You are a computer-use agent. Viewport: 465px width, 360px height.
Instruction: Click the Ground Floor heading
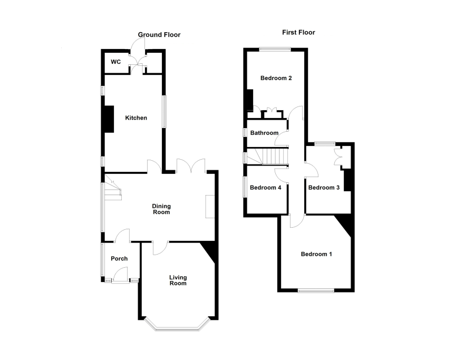159,35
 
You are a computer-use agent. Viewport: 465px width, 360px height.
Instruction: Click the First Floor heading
298,32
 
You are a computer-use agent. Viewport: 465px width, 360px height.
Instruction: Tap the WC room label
115,62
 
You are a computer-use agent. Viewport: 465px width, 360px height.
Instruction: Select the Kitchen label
136,118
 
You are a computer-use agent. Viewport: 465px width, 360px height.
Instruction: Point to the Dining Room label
161,209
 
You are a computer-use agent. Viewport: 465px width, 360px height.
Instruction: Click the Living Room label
178,280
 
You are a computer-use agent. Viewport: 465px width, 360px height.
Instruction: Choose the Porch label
119,259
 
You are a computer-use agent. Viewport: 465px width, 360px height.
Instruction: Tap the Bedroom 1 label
316,254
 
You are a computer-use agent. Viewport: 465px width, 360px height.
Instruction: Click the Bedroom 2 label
276,78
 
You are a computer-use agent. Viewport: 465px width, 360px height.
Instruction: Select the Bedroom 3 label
324,188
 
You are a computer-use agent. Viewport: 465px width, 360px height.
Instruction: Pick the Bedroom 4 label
265,188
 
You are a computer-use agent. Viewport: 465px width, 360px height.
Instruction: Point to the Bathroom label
264,133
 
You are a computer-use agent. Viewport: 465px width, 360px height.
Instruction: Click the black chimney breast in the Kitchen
110,119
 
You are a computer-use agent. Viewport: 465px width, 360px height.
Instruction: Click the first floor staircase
267,157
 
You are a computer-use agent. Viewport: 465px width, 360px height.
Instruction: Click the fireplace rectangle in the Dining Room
210,207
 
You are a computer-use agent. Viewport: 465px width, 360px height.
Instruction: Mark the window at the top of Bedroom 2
275,49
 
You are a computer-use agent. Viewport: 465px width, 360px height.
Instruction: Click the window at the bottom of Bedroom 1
316,290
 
